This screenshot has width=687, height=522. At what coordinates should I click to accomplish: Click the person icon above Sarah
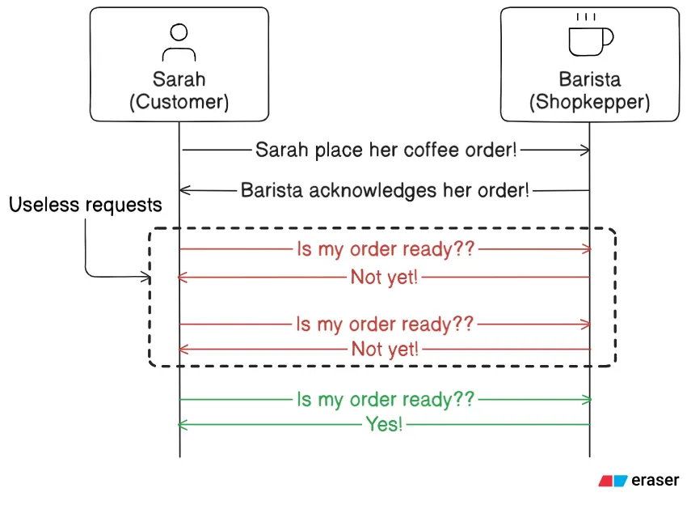click(x=179, y=41)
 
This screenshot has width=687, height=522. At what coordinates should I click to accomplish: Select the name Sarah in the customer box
click(x=179, y=79)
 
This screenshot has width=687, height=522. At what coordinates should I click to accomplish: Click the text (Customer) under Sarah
click(x=179, y=102)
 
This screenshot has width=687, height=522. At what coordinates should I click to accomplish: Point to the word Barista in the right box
click(x=589, y=79)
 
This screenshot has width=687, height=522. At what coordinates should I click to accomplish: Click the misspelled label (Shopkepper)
click(x=589, y=102)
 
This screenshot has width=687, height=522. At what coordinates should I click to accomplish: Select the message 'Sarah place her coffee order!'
click(x=386, y=150)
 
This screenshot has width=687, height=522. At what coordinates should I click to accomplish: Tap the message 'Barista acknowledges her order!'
click(x=385, y=190)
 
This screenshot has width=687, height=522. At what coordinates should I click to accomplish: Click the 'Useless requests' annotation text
click(x=86, y=205)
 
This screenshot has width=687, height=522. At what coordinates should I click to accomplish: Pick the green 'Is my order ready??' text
click(x=385, y=399)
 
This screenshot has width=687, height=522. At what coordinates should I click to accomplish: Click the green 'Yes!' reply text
click(x=384, y=424)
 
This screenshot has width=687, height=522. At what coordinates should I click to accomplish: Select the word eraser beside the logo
click(x=655, y=480)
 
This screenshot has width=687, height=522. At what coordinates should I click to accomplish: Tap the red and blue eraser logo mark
click(x=613, y=481)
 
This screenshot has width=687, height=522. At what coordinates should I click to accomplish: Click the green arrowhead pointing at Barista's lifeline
click(x=586, y=399)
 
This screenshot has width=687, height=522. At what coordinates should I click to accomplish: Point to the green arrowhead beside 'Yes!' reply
click(x=183, y=424)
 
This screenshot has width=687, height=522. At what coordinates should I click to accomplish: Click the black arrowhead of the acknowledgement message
click(x=183, y=190)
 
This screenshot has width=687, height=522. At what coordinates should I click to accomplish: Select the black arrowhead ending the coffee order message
click(x=586, y=150)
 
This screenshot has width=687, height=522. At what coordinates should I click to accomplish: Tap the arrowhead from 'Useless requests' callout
click(x=146, y=278)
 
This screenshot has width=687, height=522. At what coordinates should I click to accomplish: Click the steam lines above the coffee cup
click(x=587, y=17)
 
